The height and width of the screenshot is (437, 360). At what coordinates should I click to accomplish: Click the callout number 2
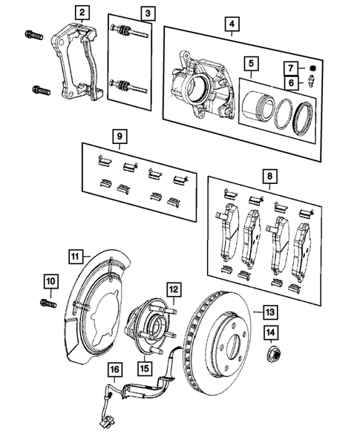(x=81, y=12)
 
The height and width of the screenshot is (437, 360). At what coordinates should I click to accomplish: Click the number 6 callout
(x=292, y=83)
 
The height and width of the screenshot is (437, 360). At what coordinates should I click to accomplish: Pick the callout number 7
(x=292, y=69)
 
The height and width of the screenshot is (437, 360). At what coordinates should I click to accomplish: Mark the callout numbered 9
(x=117, y=137)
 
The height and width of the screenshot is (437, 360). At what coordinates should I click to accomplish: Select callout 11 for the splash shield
(x=75, y=257)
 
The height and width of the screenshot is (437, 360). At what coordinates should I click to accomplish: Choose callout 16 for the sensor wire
(x=114, y=368)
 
